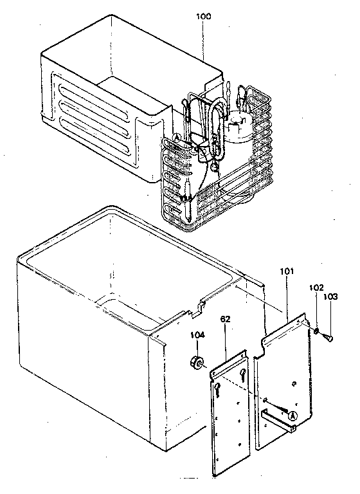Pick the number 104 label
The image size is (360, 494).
point(197,334)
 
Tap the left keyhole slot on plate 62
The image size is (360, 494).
point(219,388)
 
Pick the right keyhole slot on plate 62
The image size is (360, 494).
point(243,375)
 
